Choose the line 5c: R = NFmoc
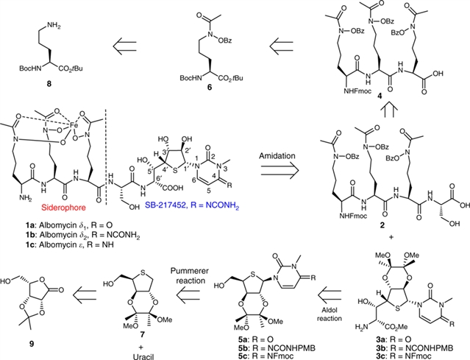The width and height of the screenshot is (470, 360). [x=263, y=347]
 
